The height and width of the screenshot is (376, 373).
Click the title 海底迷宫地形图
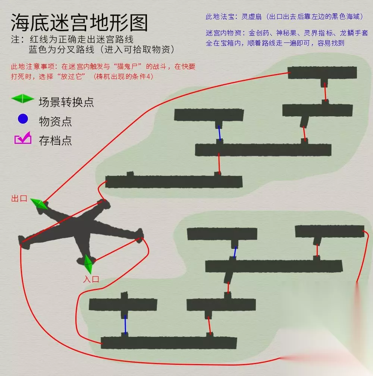(x=79, y=22)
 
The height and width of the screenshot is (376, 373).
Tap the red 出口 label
(x=19, y=199)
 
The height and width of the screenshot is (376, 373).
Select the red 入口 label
(x=91, y=279)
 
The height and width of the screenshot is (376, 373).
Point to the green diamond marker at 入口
(x=88, y=264)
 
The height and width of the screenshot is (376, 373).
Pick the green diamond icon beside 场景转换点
(x=22, y=99)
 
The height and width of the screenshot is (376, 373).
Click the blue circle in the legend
(x=23, y=119)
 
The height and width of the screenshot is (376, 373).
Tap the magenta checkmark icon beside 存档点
(x=23, y=138)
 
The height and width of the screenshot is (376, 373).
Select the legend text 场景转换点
(x=66, y=102)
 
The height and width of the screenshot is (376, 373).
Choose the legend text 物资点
(x=55, y=121)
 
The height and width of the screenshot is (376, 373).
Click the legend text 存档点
(x=55, y=140)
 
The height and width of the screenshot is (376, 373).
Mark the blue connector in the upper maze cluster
(x=219, y=133)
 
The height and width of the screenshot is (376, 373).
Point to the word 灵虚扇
(x=251, y=16)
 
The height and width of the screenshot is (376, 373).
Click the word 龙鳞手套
(x=354, y=33)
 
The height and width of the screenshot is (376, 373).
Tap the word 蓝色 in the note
(x=38, y=50)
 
